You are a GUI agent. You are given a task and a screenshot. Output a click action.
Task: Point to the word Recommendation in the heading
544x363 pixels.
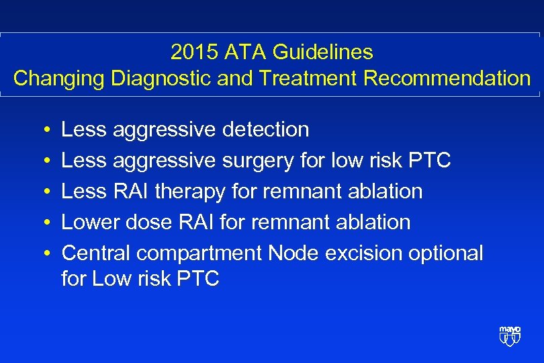447,79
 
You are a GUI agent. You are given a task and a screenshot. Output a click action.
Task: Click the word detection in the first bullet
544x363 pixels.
267,129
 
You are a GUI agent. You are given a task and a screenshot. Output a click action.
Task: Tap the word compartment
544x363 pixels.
199,253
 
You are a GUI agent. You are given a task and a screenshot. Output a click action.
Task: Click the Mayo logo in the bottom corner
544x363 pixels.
510,335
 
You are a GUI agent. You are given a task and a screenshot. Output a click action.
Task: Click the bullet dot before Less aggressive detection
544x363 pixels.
42,130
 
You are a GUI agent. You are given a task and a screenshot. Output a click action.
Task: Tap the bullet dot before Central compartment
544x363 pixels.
42,253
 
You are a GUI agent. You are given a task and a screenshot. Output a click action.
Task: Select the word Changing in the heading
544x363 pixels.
59,79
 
